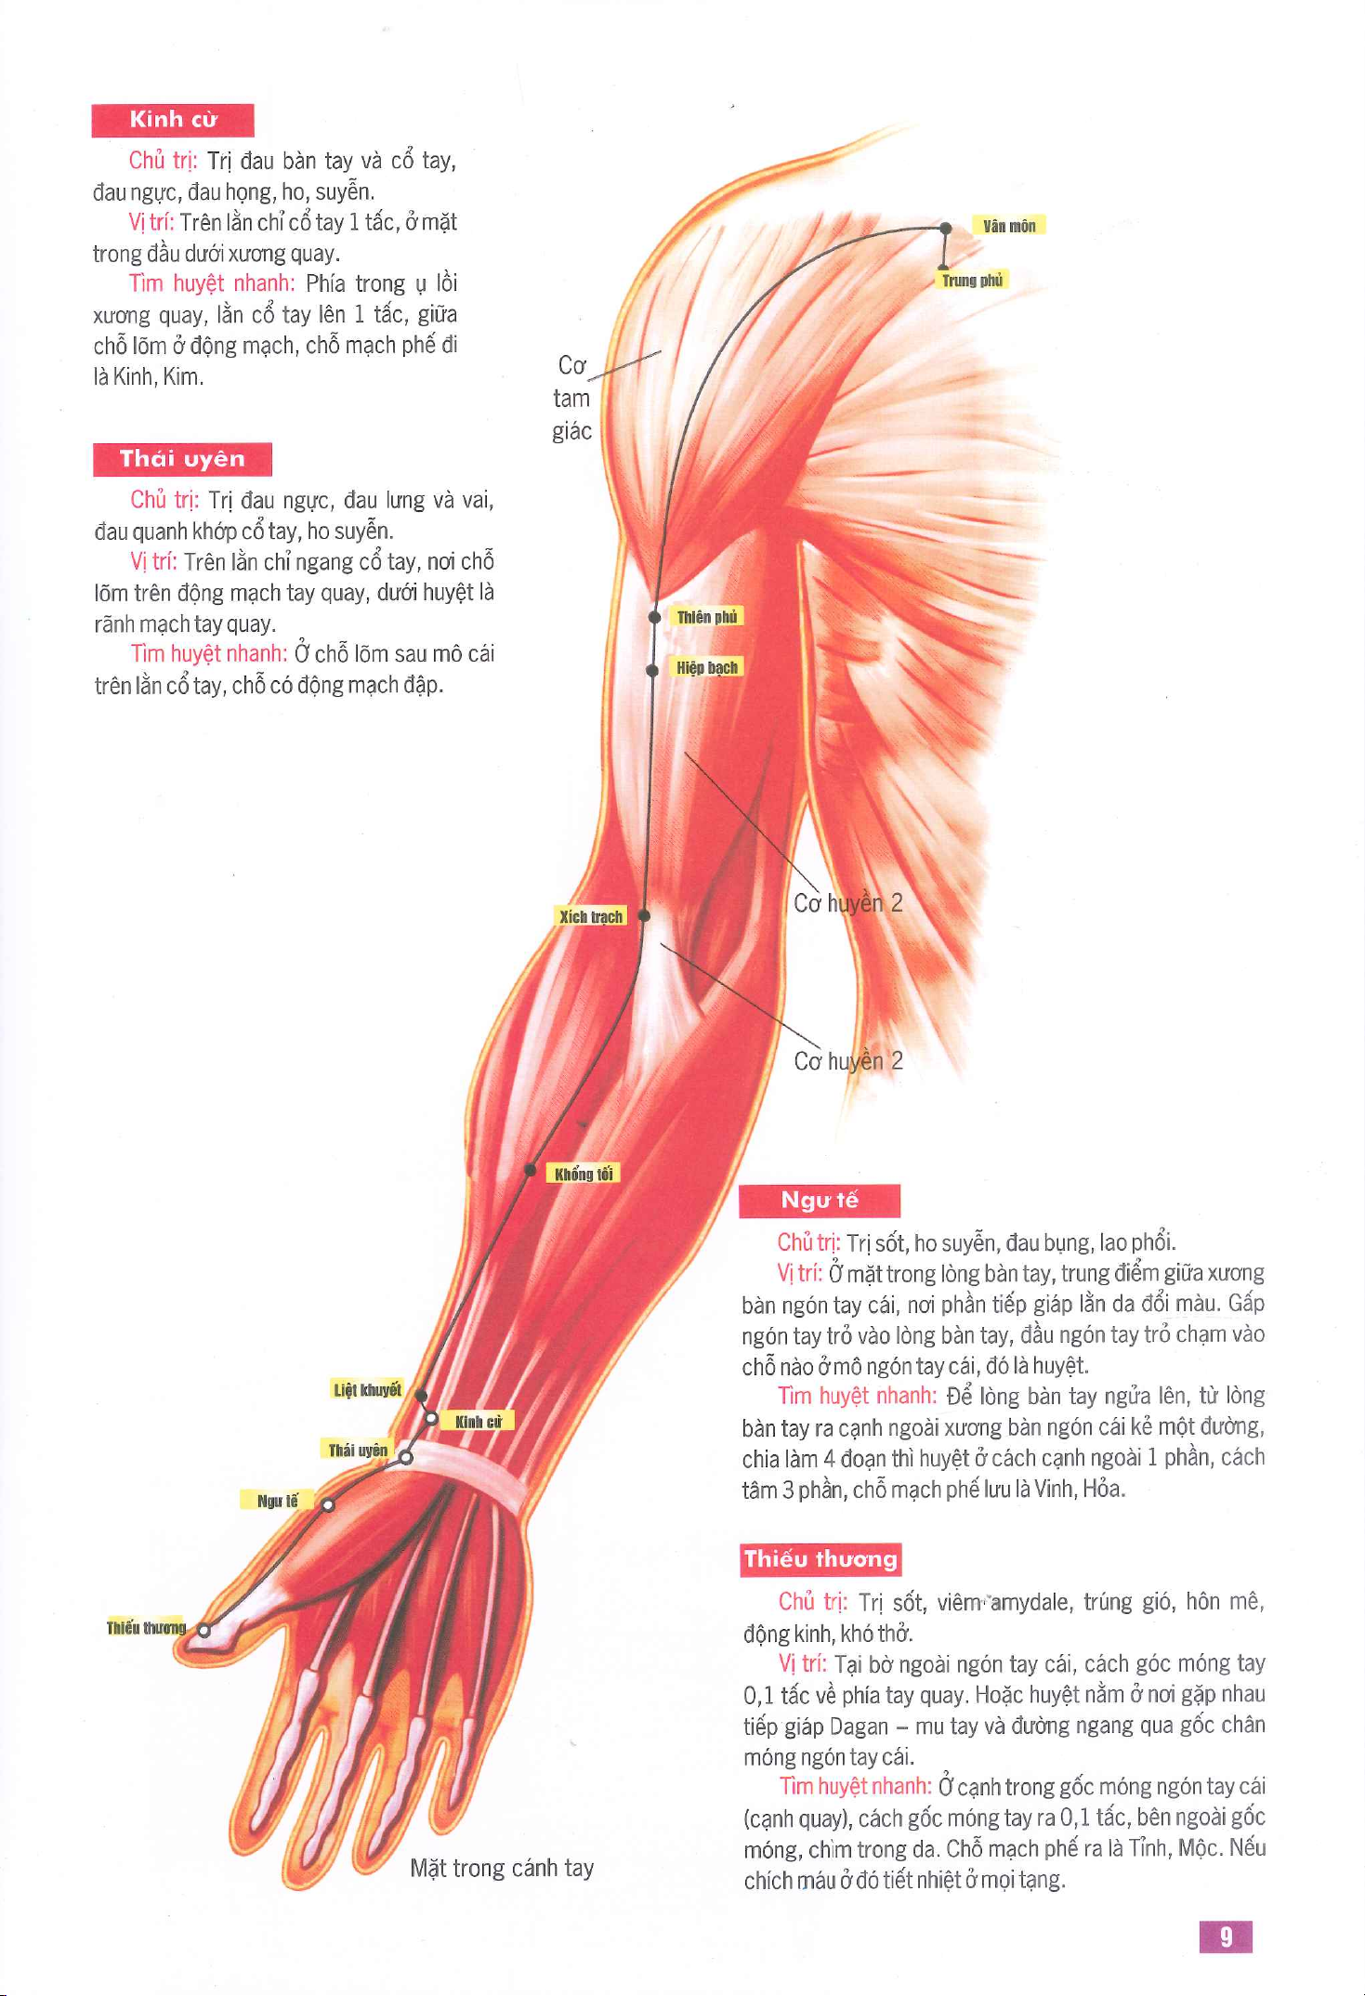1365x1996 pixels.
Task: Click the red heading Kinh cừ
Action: coord(173,120)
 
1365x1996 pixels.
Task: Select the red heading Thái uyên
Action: coord(182,459)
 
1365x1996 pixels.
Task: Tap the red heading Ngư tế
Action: coord(820,1201)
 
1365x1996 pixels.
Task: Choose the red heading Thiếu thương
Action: coord(820,1559)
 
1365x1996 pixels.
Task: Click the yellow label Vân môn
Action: coord(1009,226)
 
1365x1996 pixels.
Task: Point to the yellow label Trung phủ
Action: coord(972,281)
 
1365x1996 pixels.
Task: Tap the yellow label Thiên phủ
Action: coord(707,617)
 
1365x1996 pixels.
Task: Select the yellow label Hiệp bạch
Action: coord(707,667)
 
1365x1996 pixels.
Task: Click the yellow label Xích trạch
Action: coord(591,916)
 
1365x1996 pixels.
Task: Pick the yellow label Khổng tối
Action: coord(584,1174)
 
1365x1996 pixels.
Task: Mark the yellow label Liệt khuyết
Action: coord(367,1389)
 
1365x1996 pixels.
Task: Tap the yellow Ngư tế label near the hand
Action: coord(278,1500)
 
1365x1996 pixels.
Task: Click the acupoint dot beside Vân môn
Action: coord(946,228)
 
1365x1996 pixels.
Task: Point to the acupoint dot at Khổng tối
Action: coord(531,1170)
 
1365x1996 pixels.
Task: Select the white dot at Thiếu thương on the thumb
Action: coord(204,1629)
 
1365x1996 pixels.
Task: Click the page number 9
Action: coord(1226,1937)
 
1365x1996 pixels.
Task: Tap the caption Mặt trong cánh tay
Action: coord(502,1868)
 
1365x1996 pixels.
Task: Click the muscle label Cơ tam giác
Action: coord(572,398)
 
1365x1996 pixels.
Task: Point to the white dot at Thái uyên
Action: coord(406,1458)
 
